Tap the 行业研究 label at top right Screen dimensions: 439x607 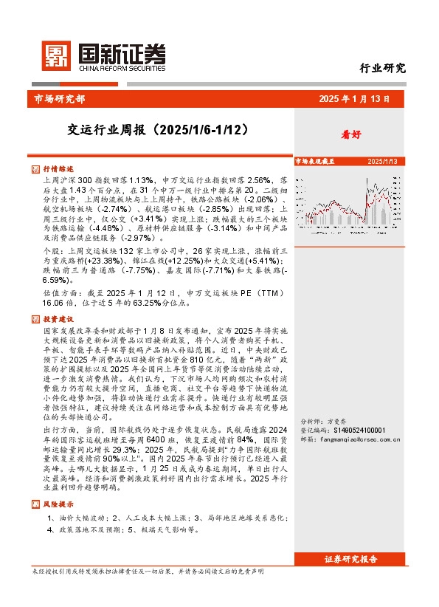[x=383, y=68]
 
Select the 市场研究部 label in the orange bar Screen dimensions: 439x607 [x=60, y=98]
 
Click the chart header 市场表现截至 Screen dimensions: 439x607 [x=315, y=160]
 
